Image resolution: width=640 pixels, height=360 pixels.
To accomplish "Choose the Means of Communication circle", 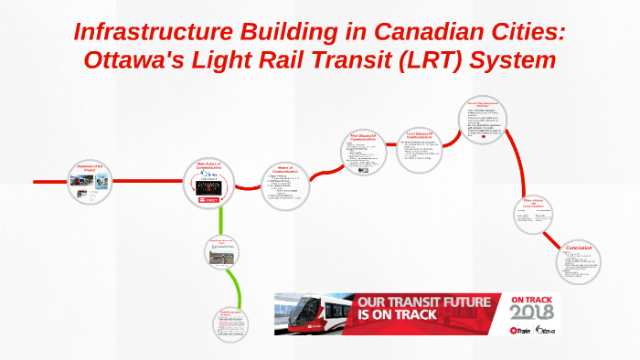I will pyautogui.click(x=288, y=185).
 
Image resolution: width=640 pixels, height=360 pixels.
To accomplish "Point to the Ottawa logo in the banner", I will pyautogui.click(x=546, y=329).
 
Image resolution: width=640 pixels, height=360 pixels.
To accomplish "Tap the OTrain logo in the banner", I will pyautogui.click(x=521, y=329).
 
